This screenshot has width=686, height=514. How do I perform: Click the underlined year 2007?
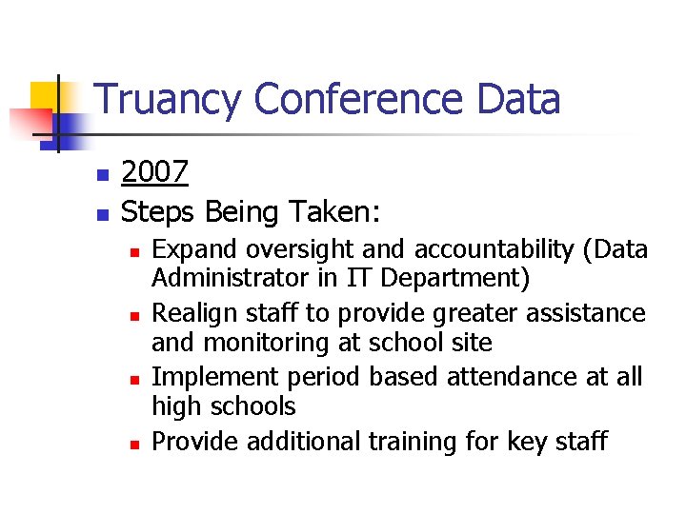click(155, 172)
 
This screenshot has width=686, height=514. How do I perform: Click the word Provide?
click(195, 442)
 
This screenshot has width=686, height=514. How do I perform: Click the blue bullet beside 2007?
click(101, 175)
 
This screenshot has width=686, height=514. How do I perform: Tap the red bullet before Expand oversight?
click(135, 252)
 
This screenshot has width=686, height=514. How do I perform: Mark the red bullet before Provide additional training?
click(135, 444)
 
